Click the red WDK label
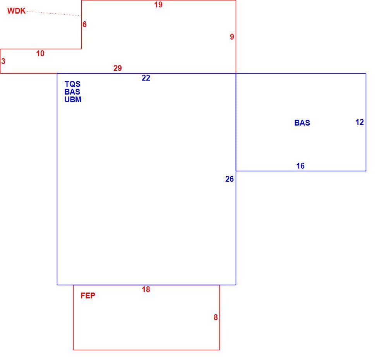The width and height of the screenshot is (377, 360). (16, 11)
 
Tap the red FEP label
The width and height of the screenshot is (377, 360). (88, 296)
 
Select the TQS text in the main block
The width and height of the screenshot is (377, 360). (72, 84)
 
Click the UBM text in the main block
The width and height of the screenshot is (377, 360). (73, 99)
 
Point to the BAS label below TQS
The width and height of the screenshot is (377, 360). (72, 92)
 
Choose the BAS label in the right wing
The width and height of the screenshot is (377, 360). (302, 123)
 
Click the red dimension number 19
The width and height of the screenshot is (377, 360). (158, 5)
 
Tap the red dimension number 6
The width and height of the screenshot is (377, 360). (84, 24)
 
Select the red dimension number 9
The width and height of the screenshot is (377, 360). (232, 37)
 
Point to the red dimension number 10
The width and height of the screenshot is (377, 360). (40, 53)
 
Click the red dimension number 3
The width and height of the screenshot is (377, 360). (3, 61)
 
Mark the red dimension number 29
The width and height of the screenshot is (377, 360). (118, 68)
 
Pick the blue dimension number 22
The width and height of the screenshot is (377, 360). (146, 78)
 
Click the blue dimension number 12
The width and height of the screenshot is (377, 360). (360, 122)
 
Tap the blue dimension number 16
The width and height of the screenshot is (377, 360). (300, 166)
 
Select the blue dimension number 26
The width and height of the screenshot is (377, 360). (230, 179)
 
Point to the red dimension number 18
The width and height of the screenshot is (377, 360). (146, 289)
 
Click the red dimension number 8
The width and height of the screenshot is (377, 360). (216, 317)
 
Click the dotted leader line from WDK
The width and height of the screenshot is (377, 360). (53, 14)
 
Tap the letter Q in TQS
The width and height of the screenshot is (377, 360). (73, 84)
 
